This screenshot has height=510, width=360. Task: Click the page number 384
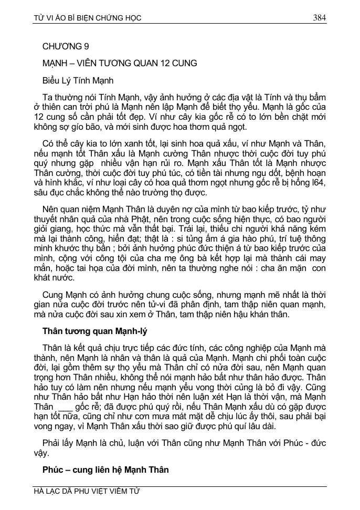coord(319,18)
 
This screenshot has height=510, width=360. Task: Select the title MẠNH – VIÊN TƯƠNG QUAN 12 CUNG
coord(120,64)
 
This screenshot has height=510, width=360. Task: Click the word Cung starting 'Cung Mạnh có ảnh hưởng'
coord(53,296)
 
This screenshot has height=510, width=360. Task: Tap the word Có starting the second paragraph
coord(49,144)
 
